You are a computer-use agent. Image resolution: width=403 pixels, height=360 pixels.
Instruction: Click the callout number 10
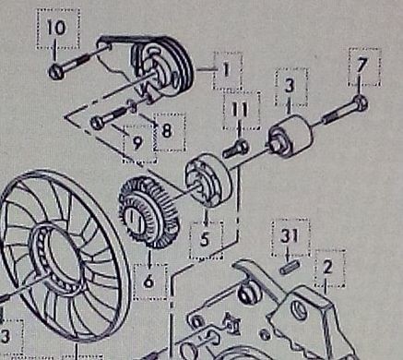(56, 27)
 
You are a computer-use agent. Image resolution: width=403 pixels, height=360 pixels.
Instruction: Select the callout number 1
(227, 69)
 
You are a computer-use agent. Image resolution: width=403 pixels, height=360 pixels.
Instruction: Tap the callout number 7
(362, 66)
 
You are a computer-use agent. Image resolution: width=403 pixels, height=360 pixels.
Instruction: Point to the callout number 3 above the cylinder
(290, 85)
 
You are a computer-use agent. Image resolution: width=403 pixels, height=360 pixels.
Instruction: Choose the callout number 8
(166, 131)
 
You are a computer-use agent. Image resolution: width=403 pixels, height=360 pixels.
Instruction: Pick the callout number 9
(137, 143)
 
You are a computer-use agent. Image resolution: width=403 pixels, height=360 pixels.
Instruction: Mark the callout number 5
(205, 238)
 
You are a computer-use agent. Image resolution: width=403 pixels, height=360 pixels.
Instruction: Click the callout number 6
(148, 281)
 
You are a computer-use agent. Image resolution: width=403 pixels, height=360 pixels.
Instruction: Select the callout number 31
(290, 235)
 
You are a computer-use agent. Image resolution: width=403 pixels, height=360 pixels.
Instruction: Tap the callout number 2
(328, 267)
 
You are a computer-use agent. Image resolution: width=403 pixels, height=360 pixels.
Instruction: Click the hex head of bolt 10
(56, 72)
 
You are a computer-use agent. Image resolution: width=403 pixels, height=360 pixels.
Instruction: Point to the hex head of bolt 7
(361, 102)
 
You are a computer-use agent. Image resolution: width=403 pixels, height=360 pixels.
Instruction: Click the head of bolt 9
(97, 123)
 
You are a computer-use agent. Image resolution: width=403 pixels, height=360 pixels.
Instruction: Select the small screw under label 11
(235, 149)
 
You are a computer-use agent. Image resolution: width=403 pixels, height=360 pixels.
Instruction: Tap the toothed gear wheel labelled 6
(149, 212)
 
